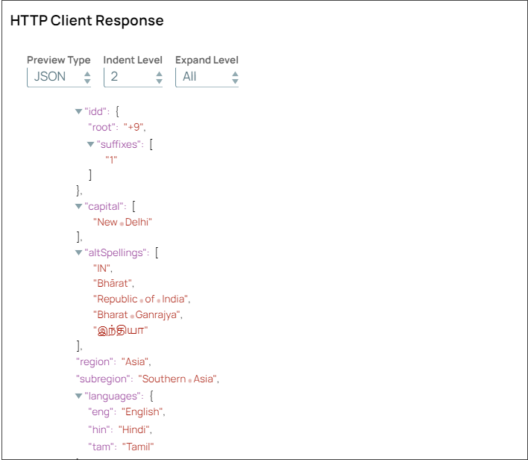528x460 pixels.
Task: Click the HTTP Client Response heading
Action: [x=87, y=21]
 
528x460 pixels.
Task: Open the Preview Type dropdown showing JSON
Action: [x=59, y=76]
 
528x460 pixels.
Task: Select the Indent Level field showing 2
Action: [x=133, y=76]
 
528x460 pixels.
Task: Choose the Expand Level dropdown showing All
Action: [x=207, y=76]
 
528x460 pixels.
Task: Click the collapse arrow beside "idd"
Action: [x=79, y=111]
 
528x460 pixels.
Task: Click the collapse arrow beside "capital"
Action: [x=79, y=206]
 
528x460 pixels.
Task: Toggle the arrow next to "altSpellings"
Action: [x=79, y=253]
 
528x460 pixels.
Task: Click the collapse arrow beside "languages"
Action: [x=79, y=396]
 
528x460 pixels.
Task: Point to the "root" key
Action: [x=104, y=127]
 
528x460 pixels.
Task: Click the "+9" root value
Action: [x=133, y=127]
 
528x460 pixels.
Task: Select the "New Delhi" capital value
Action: [x=122, y=222]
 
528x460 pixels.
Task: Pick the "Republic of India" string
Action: [x=140, y=299]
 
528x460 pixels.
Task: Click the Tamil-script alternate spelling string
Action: [x=121, y=330]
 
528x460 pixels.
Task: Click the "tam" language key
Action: [x=101, y=447]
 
